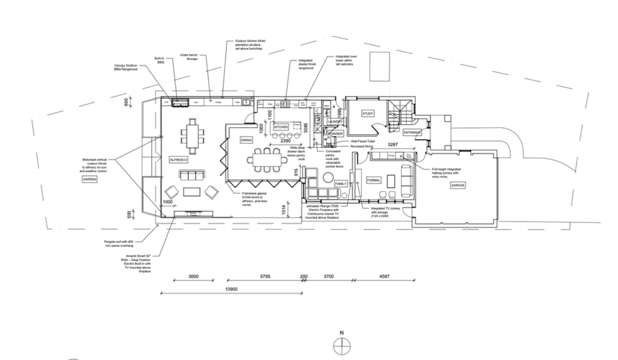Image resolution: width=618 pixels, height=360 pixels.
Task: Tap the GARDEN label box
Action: tap(90, 179)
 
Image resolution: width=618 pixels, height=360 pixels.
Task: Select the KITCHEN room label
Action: tap(281, 127)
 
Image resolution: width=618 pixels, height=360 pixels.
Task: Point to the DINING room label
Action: tap(246, 140)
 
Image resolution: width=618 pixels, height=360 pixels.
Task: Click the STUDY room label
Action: tap(367, 113)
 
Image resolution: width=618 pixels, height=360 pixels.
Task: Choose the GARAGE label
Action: tap(458, 185)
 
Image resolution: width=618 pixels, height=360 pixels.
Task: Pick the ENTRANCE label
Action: tap(413, 132)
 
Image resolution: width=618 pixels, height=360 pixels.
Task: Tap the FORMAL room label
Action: tap(374, 181)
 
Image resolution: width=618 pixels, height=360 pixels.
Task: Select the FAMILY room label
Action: tap(341, 184)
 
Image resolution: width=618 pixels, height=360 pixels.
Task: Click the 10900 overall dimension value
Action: tap(231, 289)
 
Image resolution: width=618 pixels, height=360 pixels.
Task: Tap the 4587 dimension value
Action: tap(384, 277)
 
